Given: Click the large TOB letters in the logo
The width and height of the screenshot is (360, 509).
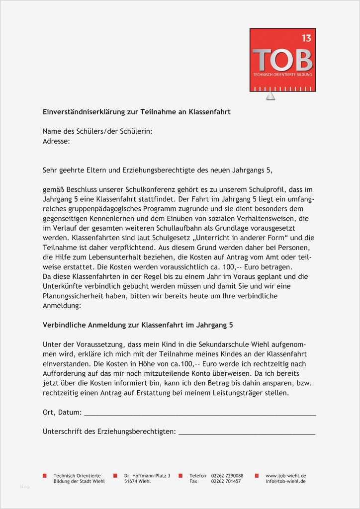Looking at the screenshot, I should pos(282,60).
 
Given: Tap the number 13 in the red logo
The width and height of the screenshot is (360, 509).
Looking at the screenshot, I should pos(306,38).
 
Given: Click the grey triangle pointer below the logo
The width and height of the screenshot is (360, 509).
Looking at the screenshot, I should pos(270,96).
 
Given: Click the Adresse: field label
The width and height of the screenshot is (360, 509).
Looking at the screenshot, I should pos(56,141).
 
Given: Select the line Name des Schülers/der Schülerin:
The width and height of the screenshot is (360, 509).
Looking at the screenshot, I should pos(97,132).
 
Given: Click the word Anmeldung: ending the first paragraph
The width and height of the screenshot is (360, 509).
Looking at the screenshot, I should pos(62,306).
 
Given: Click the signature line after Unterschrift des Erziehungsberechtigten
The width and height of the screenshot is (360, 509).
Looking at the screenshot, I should pos(247,432).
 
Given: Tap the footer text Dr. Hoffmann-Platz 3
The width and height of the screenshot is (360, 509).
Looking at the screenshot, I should pos(147,476).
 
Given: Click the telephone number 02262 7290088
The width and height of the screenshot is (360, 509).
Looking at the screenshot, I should pos(227,476).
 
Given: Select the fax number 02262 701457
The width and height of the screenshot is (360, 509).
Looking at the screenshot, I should pos(226,482).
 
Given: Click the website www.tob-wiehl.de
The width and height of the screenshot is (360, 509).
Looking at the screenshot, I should pos(285,476).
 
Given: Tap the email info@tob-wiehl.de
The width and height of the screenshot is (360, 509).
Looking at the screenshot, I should pos(285,482).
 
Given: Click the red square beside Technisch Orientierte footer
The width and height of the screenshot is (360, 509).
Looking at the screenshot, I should pos(45,476).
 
